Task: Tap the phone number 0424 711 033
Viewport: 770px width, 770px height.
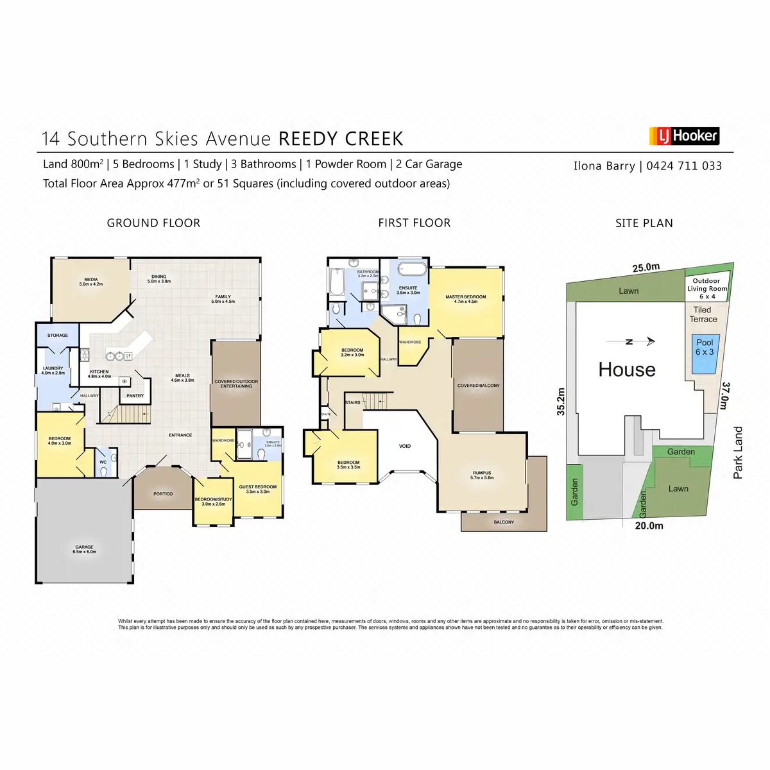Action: pos(683,166)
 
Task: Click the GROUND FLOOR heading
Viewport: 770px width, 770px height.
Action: pos(153,223)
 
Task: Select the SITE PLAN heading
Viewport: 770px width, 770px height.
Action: pos(644,223)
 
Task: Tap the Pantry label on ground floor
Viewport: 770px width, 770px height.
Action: pos(135,396)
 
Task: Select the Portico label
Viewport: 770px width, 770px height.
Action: pos(163,493)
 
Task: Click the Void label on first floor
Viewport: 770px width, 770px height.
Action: pos(405,446)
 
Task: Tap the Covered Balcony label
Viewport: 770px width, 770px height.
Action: pos(478,386)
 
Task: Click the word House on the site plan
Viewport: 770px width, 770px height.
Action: pos(626,370)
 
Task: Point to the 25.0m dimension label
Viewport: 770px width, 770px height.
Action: pos(646,268)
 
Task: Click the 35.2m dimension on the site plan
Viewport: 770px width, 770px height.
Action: pos(561,402)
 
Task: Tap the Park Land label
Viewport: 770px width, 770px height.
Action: pos(738,452)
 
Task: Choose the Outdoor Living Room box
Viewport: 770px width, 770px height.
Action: pos(706,289)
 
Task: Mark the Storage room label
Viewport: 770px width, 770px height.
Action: pos(58,335)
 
